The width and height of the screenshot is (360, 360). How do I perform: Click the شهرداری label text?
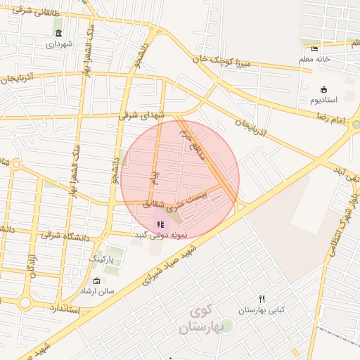(59, 44)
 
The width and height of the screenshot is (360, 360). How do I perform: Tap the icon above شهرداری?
(58, 33)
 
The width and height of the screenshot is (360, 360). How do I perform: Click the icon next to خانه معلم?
(314, 49)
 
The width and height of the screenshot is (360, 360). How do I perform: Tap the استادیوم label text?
(324, 100)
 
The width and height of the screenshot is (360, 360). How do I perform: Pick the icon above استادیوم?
(323, 89)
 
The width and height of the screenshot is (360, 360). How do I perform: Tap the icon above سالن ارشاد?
(96, 281)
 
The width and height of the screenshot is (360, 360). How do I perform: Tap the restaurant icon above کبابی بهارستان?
(262, 299)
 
